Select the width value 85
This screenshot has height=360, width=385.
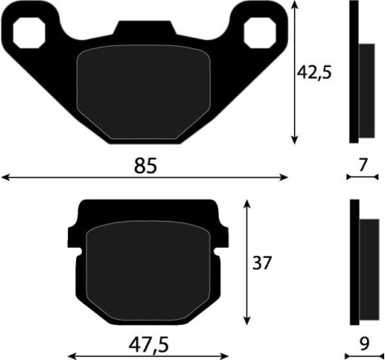[145, 165]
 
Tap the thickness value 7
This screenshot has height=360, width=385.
[362, 164]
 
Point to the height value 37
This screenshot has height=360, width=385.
[262, 263]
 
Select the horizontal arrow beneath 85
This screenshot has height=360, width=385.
[145, 177]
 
